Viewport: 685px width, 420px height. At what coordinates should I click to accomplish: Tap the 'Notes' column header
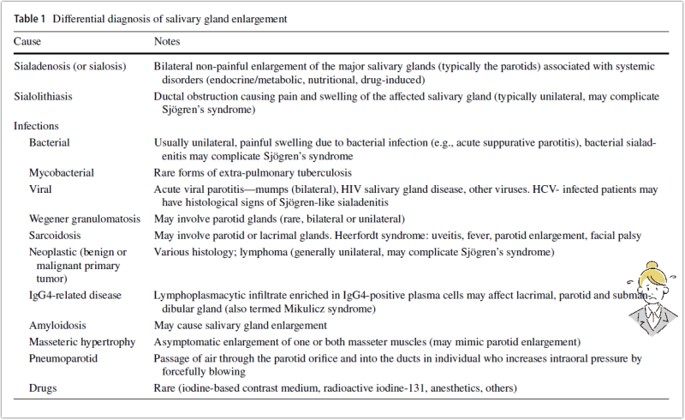click(x=167, y=40)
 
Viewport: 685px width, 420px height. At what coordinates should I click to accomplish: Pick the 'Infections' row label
click(x=37, y=126)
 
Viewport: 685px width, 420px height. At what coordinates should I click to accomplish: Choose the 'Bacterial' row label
click(x=50, y=141)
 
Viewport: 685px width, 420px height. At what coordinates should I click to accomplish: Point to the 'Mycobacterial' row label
click(x=63, y=172)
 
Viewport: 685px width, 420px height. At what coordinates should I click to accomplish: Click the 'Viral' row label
click(x=42, y=188)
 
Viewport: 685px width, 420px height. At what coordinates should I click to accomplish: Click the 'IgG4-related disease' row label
click(x=74, y=295)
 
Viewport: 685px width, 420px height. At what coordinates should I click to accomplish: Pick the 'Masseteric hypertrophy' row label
click(x=82, y=341)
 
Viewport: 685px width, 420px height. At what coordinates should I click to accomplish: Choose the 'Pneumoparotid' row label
click(x=63, y=357)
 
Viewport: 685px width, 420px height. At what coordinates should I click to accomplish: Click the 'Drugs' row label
click(x=43, y=388)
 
